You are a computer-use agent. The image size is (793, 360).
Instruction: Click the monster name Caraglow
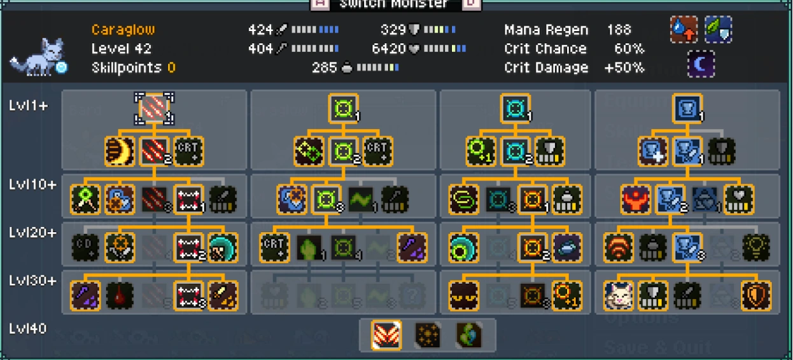click(x=123, y=30)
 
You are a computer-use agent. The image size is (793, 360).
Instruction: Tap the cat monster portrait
click(x=38, y=57)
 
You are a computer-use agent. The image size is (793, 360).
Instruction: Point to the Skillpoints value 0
click(x=172, y=68)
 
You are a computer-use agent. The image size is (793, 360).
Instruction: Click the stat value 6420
click(x=389, y=49)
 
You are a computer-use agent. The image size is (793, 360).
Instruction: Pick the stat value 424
click(x=260, y=30)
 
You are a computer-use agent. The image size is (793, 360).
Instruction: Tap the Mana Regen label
click(x=546, y=30)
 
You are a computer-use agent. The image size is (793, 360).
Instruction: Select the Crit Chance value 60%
click(x=629, y=49)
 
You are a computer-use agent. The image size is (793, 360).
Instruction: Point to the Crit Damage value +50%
click(x=624, y=68)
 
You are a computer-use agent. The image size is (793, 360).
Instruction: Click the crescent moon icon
click(x=701, y=64)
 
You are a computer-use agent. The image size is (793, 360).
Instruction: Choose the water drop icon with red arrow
click(x=684, y=30)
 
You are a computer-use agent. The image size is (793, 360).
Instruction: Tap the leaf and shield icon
click(x=718, y=30)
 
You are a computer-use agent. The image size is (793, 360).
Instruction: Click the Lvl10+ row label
click(x=32, y=185)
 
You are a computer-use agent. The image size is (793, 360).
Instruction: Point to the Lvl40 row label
click(x=28, y=329)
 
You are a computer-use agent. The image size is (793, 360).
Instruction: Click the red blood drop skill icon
click(x=120, y=296)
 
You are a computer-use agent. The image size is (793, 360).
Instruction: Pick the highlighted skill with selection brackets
click(x=154, y=107)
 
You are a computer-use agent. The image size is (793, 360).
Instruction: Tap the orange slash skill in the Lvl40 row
click(x=386, y=335)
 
